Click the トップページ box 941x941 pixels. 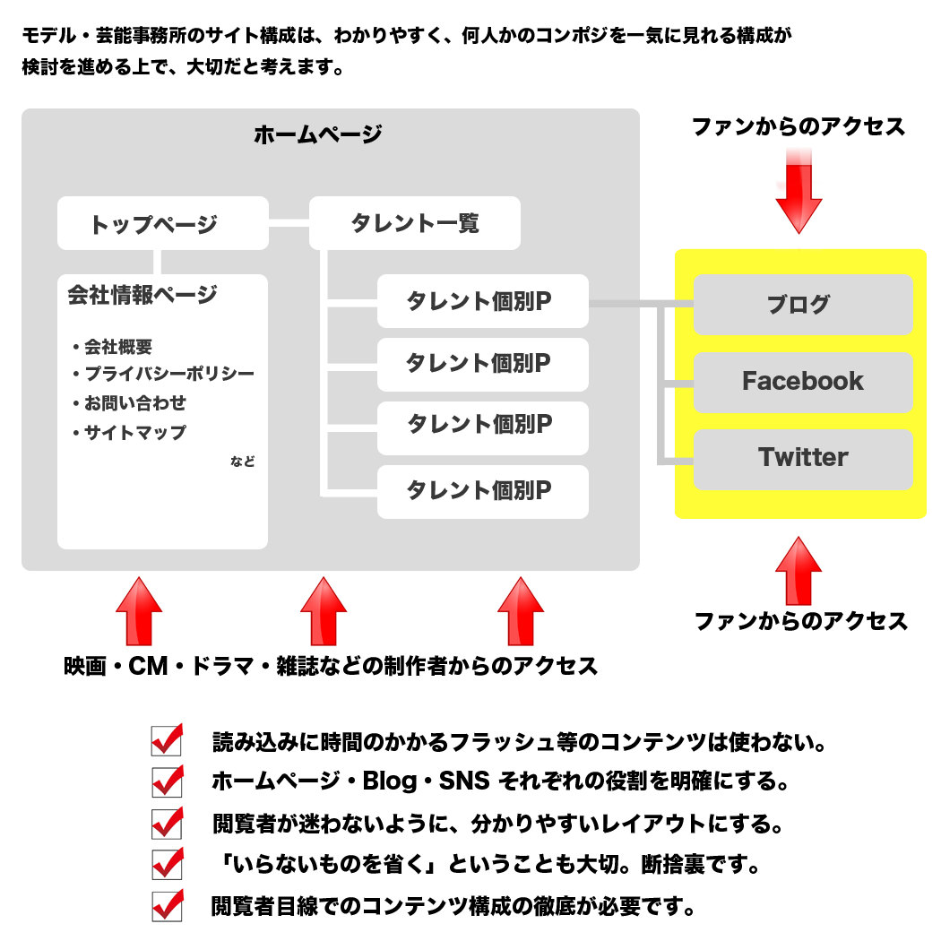tap(162, 223)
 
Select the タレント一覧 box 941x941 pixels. tap(415, 223)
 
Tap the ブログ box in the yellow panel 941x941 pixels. tap(803, 305)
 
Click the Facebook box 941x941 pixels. tap(803, 382)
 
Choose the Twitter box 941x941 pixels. tap(803, 459)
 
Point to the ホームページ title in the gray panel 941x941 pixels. tap(318, 134)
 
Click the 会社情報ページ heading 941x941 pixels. tap(142, 295)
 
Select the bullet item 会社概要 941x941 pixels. tap(112, 346)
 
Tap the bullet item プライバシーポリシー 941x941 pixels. tap(163, 374)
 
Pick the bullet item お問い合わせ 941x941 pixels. tap(129, 402)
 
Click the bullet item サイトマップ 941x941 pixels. tap(129, 432)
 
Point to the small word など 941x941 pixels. tap(243, 461)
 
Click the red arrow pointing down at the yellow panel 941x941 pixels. tap(799, 192)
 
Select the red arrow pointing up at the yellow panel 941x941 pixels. tap(799, 571)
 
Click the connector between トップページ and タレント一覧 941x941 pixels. tap(289, 223)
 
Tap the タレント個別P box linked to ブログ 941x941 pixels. tap(483, 301)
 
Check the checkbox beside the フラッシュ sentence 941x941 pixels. tap(168, 740)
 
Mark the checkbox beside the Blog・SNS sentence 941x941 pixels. tap(168, 781)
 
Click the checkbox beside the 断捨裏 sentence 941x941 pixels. tap(168, 864)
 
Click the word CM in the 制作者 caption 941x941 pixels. tap(148, 666)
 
